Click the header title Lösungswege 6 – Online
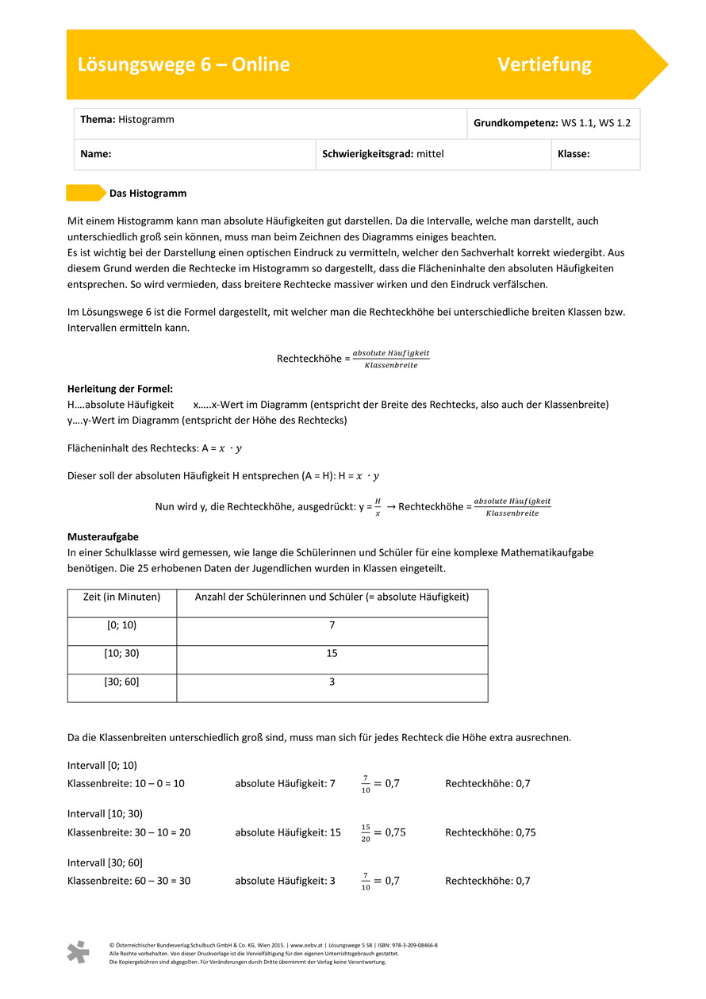[183, 64]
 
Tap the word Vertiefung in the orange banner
[544, 64]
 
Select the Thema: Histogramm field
[127, 120]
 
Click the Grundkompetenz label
[516, 123]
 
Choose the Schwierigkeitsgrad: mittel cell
[383, 154]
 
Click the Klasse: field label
[574, 154]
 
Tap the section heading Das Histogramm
[148, 193]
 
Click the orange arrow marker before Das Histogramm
[85, 193]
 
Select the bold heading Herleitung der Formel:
[120, 389]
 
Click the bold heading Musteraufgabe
[103, 537]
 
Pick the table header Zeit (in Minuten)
[121, 597]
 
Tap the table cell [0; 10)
[121, 625]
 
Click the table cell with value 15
[332, 653]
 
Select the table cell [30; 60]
[121, 682]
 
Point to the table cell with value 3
[332, 682]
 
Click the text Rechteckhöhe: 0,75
[490, 832]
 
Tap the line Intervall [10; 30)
[105, 813]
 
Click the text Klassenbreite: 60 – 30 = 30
[129, 881]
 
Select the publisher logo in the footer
[78, 952]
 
